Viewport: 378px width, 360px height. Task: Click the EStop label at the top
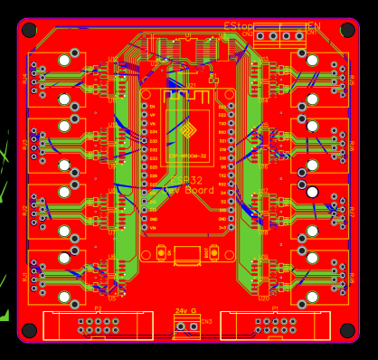[238, 27]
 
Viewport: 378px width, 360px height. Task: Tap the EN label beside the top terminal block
[313, 27]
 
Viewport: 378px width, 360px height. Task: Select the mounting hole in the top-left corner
[29, 30]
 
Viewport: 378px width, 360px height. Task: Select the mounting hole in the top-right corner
[347, 30]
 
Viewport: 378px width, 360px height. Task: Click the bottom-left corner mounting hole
[29, 330]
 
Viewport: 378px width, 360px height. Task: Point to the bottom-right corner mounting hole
[347, 330]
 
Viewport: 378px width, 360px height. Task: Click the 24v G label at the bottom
[186, 311]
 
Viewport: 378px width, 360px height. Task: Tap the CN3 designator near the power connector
[207, 321]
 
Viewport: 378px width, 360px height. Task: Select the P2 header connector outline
[99, 326]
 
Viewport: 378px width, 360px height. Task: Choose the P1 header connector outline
[275, 326]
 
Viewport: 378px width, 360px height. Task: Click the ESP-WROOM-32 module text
[187, 156]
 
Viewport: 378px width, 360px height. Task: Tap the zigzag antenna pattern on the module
[187, 95]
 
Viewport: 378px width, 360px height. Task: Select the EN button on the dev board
[161, 253]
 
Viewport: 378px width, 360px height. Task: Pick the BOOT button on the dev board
[213, 253]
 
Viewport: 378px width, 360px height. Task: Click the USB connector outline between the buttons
[187, 255]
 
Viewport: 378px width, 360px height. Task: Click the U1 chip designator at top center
[188, 35]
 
